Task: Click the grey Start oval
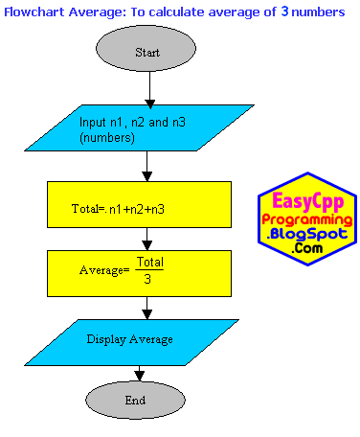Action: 146,49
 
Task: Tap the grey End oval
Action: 135,400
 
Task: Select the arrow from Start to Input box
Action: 149,90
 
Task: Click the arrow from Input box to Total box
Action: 146,166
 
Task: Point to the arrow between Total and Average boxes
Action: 146,239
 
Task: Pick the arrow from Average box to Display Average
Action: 146,308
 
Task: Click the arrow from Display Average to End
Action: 139,373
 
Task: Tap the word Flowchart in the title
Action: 34,12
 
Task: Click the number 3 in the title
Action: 284,11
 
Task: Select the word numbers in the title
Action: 318,12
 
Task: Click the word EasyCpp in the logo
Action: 308,201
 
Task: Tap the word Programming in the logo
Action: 307,220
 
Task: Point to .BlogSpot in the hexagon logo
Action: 307,234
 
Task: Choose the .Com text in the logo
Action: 307,248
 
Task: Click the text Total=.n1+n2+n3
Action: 118,209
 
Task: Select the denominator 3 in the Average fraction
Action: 147,279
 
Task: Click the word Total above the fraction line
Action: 150,262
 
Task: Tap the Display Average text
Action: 129,339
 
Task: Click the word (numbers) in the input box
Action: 107,138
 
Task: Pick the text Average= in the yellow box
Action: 104,270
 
